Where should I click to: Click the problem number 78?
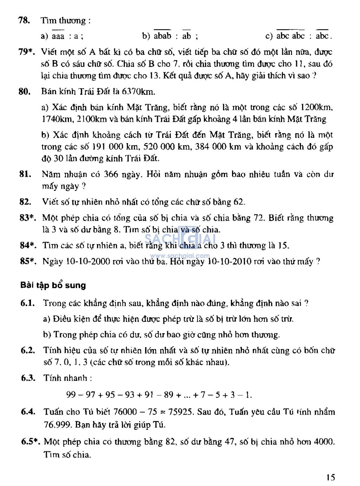[24, 20]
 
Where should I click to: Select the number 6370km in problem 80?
[138, 92]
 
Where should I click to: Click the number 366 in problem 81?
[111, 174]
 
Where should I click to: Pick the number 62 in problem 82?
[238, 202]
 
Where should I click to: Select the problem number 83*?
[27, 218]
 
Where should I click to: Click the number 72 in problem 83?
[258, 218]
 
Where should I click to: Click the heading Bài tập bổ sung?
[53, 285]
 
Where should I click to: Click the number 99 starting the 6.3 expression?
[71, 395]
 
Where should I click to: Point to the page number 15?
[330, 477]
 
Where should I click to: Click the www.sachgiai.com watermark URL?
[180, 256]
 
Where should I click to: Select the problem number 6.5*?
[30, 442]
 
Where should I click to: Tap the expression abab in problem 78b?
[162, 36]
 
